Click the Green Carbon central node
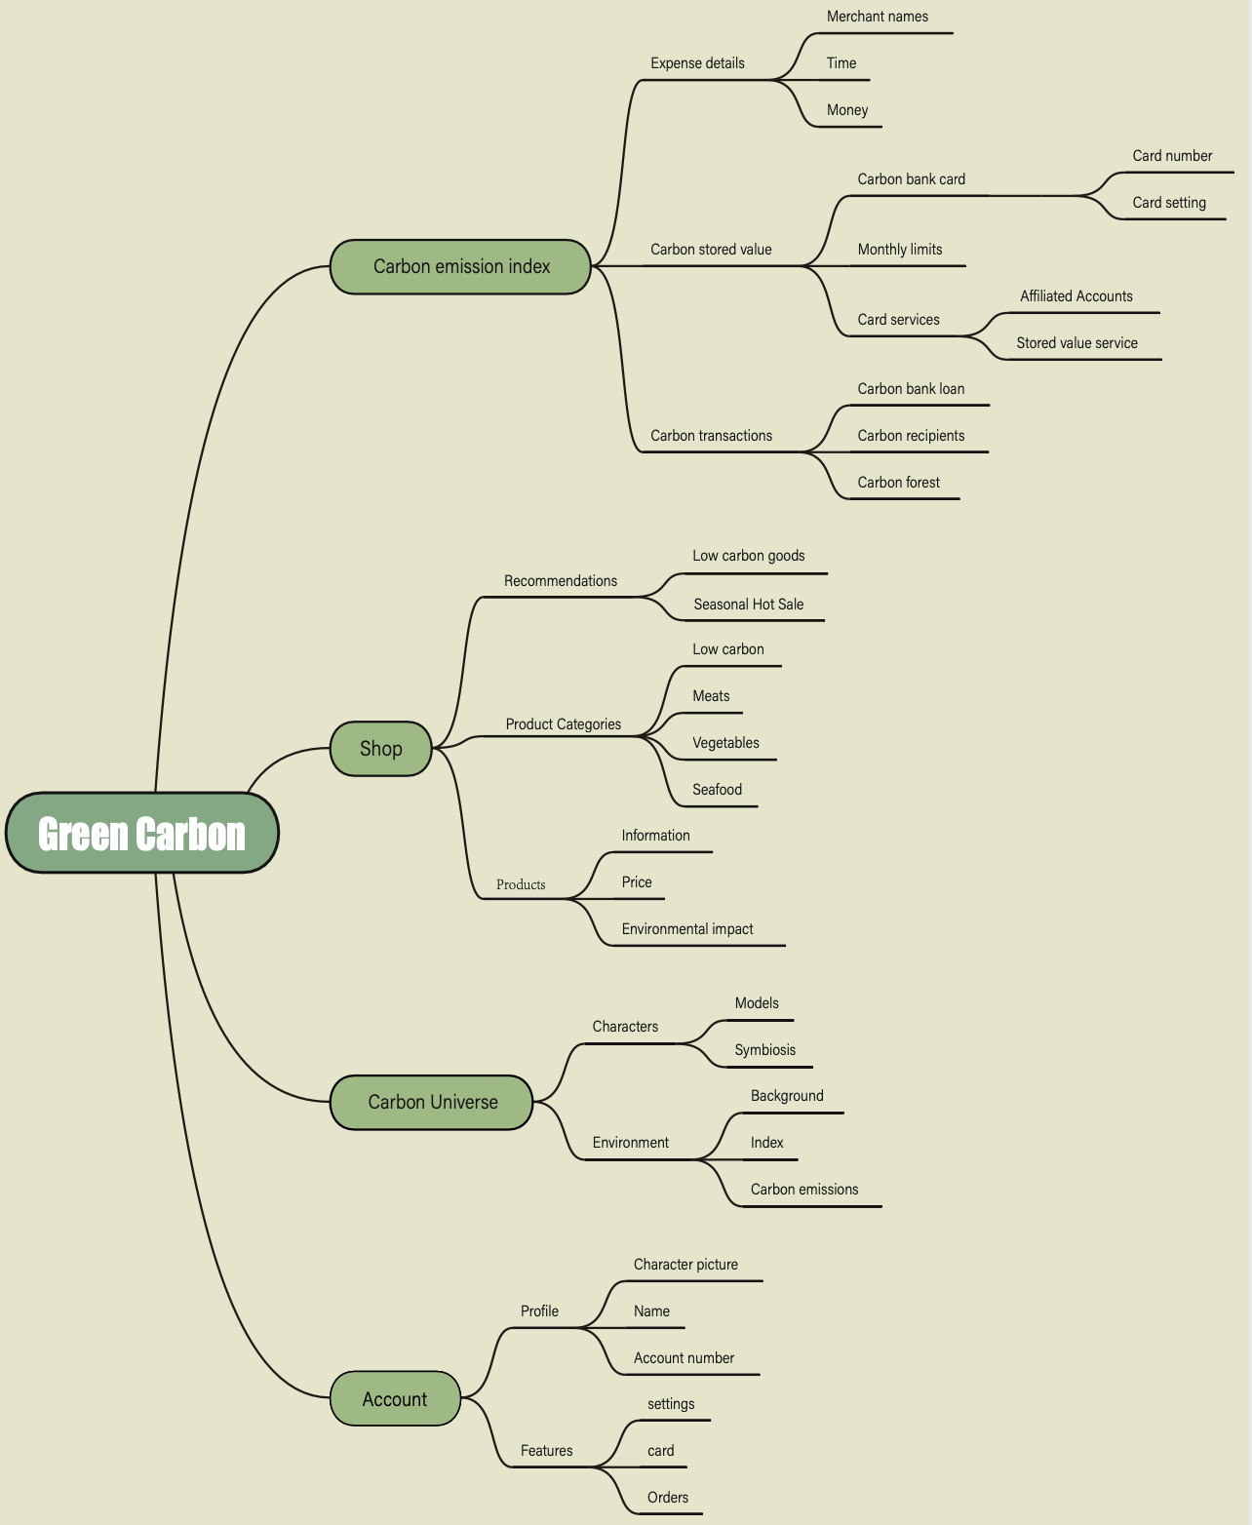click(x=142, y=834)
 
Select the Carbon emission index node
click(x=461, y=266)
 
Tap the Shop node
click(x=380, y=748)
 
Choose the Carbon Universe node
click(x=432, y=1102)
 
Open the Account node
click(x=395, y=1399)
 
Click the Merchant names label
click(x=877, y=17)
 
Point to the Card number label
click(x=1172, y=156)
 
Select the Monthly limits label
click(x=900, y=250)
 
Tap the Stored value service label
click(x=1076, y=343)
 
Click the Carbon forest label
click(x=898, y=483)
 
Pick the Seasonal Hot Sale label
click(x=748, y=605)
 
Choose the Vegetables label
click(x=725, y=743)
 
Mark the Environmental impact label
click(x=687, y=929)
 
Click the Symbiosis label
click(x=764, y=1050)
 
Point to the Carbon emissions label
click(x=804, y=1190)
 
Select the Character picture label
click(x=685, y=1265)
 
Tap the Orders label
click(x=668, y=1498)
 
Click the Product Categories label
click(x=563, y=724)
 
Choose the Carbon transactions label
click(x=711, y=436)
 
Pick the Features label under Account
click(x=546, y=1451)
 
